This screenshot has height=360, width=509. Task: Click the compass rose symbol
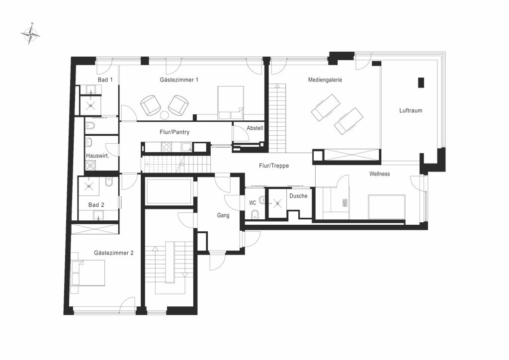tap(30, 34)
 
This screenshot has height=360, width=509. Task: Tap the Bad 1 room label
tap(105, 80)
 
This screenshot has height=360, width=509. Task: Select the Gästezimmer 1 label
tap(179, 80)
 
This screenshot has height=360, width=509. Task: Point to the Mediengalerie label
tap(325, 80)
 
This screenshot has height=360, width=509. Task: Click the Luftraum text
tap(411, 110)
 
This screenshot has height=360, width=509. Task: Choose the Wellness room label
tap(379, 174)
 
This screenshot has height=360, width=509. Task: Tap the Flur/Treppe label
tap(274, 166)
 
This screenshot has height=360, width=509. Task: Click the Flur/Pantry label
tap(174, 132)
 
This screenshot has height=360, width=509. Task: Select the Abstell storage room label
tap(255, 128)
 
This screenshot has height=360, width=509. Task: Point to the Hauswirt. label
tap(97, 156)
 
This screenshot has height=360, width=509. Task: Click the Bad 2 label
tap(96, 205)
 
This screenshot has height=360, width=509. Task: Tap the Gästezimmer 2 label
tap(114, 253)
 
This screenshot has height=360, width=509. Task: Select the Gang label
tap(223, 215)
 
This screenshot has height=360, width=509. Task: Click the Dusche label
tap(298, 196)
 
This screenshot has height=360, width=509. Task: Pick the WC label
tap(253, 203)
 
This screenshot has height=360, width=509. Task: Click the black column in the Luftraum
tap(421, 83)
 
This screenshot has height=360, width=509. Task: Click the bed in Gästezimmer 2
tap(88, 273)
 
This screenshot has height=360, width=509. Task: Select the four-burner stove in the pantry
tap(166, 147)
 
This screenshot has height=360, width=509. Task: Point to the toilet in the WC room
tap(255, 214)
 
